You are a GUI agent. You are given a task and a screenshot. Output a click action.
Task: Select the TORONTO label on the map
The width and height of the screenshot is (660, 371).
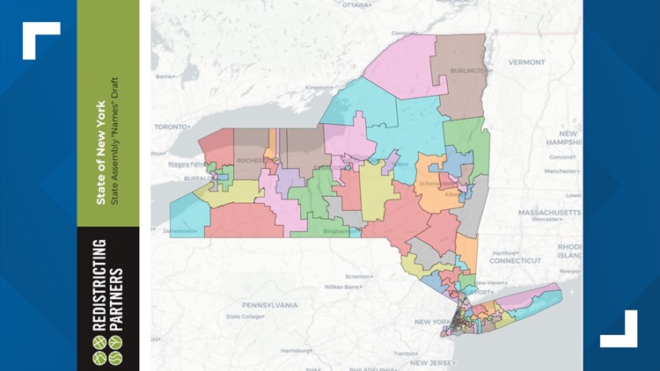(x=172, y=127)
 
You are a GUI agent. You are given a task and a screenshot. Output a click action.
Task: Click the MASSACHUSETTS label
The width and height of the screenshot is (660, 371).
(x=549, y=213)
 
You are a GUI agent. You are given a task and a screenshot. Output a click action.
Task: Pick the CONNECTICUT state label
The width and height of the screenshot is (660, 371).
(x=516, y=261)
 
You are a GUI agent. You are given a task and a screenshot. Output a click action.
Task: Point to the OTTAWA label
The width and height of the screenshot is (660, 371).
(x=356, y=4)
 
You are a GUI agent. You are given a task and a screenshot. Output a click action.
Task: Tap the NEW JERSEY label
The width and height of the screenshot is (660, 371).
(x=430, y=361)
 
